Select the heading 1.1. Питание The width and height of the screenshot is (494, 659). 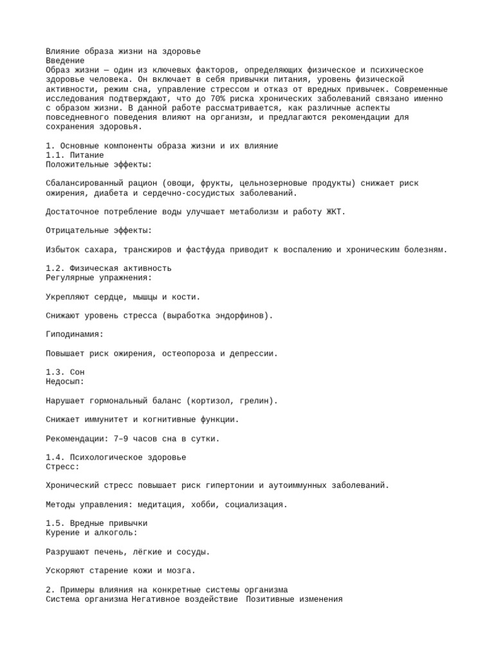coord(75,155)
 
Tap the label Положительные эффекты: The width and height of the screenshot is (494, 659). coord(99,165)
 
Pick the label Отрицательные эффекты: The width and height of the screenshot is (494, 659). coord(99,230)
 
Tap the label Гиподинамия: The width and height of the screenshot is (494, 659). coord(75,334)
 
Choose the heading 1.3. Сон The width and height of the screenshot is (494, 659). coord(65,372)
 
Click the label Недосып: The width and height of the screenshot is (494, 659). coord(65,382)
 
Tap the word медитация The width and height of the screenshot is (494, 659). coord(153,505)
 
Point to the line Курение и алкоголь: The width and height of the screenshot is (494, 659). coord(91,533)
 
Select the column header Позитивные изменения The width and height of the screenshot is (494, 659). coord(295,599)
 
